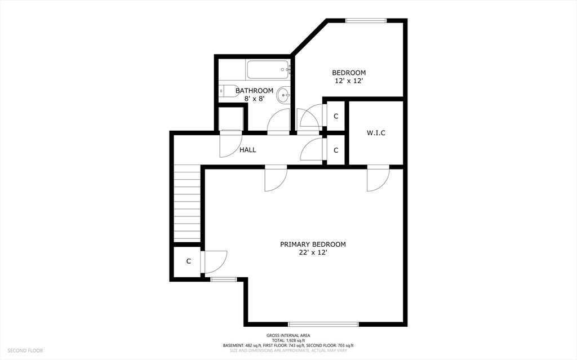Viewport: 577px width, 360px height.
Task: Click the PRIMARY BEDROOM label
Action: pos(313,244)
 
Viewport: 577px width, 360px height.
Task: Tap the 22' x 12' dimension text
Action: pos(313,252)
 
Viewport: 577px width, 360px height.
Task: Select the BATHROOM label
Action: pos(254,91)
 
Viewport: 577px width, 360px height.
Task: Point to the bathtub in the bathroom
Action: pos(269,70)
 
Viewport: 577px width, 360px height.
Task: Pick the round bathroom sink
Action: pos(283,96)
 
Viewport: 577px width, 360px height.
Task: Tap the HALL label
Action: pos(248,150)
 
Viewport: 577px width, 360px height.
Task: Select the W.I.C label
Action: pos(376,132)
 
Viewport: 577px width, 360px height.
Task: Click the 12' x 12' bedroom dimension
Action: pos(349,81)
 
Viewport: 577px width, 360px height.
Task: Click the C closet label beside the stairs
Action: pos(188,261)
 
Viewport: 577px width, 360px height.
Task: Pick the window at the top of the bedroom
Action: pos(366,21)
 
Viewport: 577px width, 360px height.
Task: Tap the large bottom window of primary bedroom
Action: pos(323,325)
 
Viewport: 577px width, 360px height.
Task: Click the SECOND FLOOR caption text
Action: pos(25,350)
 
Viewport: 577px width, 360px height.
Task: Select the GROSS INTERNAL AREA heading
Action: pos(288,335)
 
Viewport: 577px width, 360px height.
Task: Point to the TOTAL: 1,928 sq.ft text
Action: pos(288,340)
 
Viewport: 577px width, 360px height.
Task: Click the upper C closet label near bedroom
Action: pos(336,116)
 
